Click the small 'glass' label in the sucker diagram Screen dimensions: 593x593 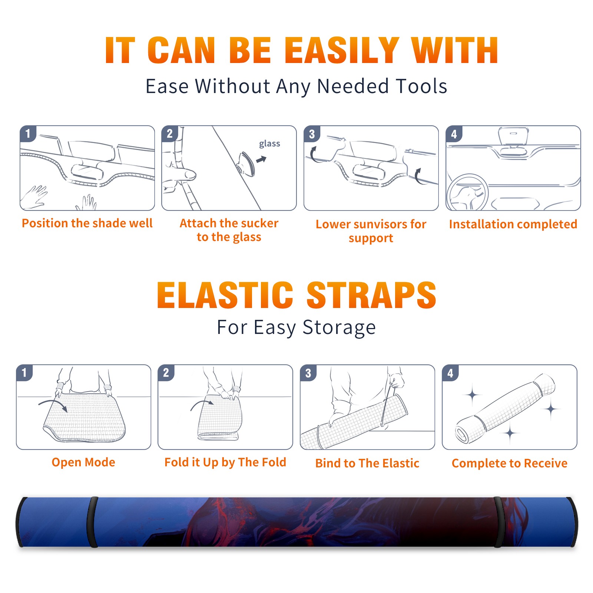click(x=269, y=144)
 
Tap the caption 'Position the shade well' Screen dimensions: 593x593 click(x=87, y=223)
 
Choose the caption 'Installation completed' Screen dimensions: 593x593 click(x=513, y=224)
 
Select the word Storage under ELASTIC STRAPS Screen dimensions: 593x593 click(x=339, y=328)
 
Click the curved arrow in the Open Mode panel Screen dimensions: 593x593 click(x=53, y=404)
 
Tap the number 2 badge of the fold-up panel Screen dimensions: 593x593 click(x=166, y=372)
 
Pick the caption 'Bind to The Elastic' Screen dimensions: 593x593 click(x=367, y=463)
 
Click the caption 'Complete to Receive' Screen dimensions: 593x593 click(x=509, y=463)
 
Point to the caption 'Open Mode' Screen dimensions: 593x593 click(x=83, y=462)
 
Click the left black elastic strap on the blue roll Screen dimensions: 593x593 click(x=92, y=522)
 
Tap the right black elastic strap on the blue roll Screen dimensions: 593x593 click(x=499, y=522)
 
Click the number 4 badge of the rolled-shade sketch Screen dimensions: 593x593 click(x=450, y=372)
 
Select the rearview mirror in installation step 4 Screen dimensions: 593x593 click(x=513, y=136)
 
